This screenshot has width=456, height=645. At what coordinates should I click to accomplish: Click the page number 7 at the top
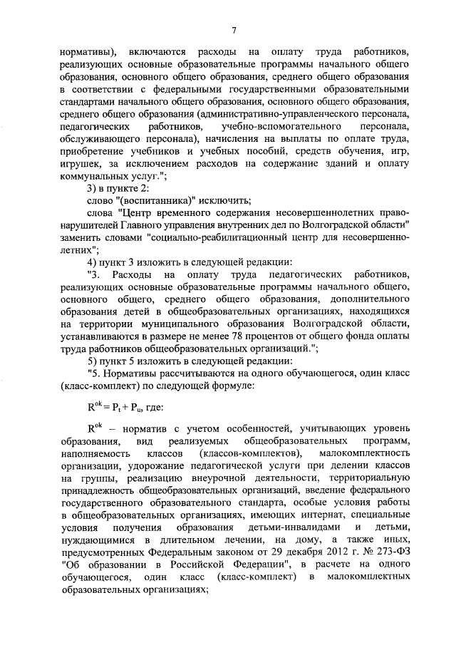point(233,29)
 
